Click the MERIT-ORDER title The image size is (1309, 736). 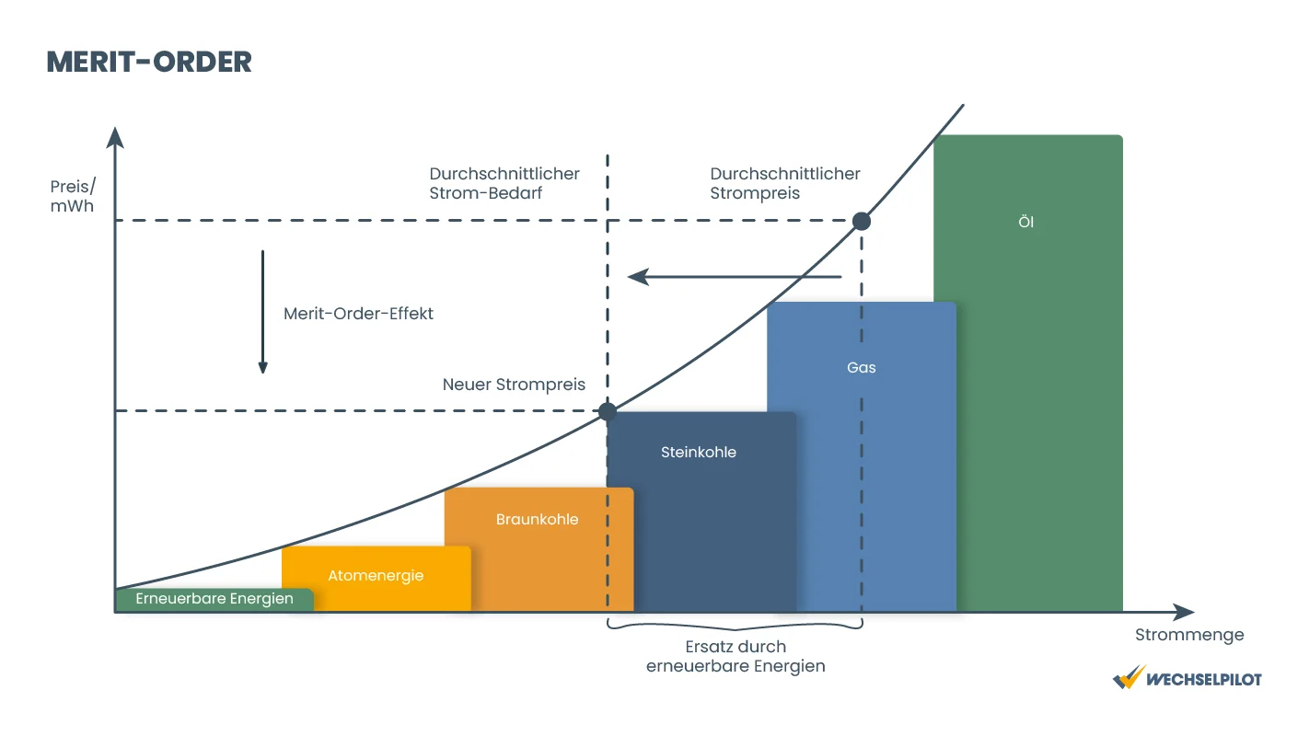[x=149, y=62]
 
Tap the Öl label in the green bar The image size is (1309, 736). [x=1026, y=222]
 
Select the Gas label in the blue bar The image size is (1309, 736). [x=862, y=367]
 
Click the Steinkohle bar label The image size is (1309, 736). [x=699, y=452]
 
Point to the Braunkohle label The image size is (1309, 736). [x=537, y=519]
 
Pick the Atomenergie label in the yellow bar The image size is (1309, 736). [x=376, y=576]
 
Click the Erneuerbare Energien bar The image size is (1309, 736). [x=214, y=600]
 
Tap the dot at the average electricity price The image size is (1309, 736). [x=862, y=222]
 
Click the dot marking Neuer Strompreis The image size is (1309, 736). [x=608, y=412]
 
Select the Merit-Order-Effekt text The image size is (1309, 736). [x=358, y=314]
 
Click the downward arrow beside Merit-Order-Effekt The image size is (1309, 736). [x=263, y=312]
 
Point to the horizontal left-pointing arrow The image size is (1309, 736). [x=734, y=277]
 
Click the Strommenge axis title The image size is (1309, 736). [x=1189, y=635]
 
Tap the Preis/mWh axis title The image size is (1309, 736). [x=73, y=196]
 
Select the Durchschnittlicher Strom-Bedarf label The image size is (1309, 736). [x=504, y=183]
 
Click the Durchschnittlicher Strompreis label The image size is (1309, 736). [x=785, y=183]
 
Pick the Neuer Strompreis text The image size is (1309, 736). [x=514, y=385]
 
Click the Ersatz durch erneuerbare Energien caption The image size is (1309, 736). [x=736, y=657]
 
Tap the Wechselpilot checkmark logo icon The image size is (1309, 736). [x=1129, y=678]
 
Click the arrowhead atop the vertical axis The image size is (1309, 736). [x=115, y=138]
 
